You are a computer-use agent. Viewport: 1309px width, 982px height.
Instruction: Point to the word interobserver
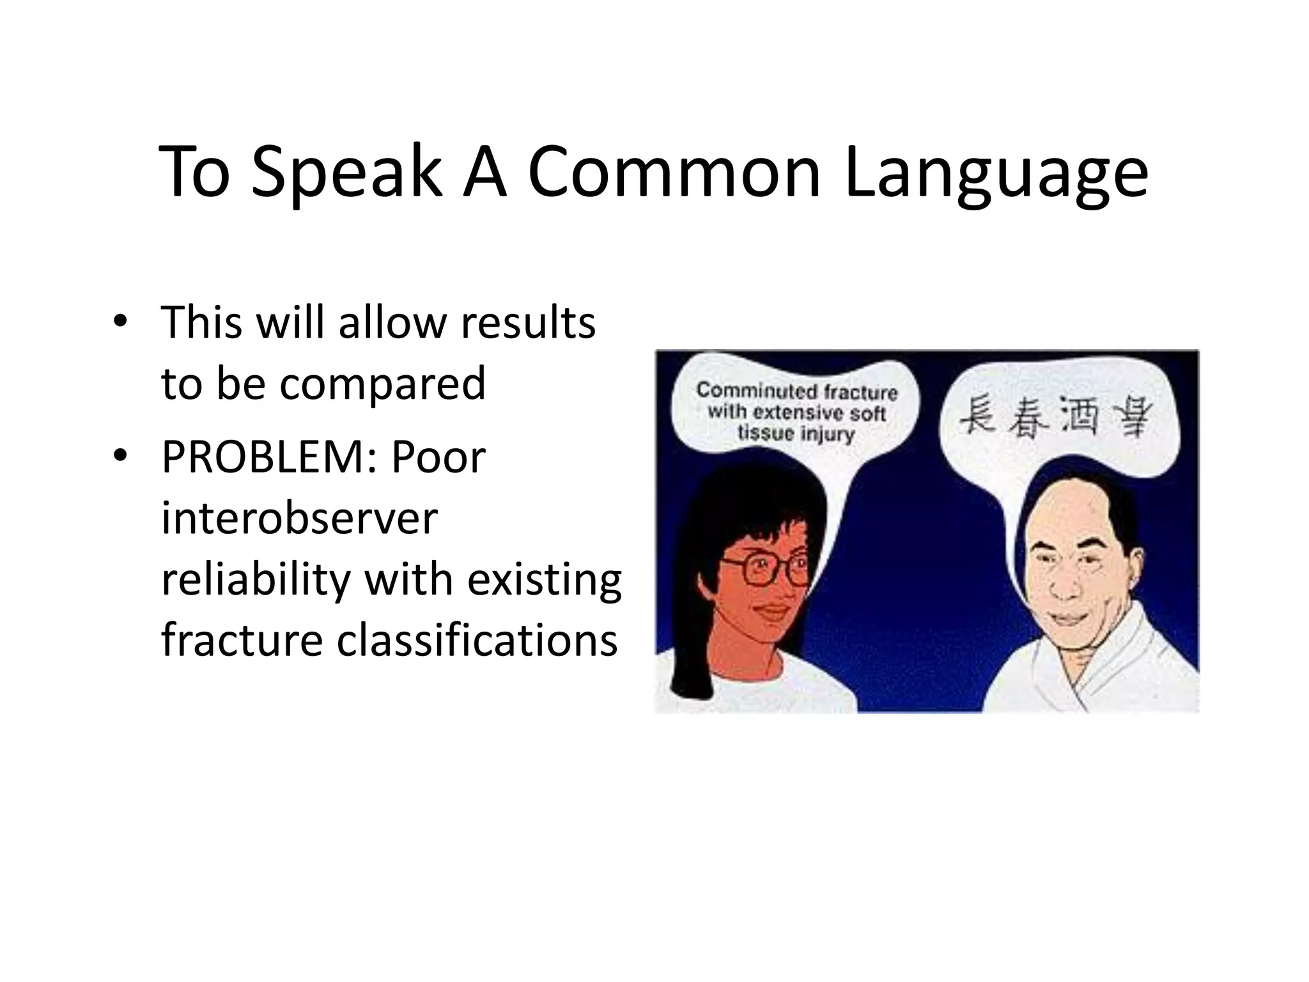(299, 518)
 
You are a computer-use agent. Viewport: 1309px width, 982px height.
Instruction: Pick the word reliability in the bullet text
(256, 579)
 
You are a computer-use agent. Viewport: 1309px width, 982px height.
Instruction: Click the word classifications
(477, 640)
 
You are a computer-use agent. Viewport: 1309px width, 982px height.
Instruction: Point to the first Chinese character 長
(979, 415)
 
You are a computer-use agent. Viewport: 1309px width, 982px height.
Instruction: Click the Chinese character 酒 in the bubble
(1080, 415)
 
